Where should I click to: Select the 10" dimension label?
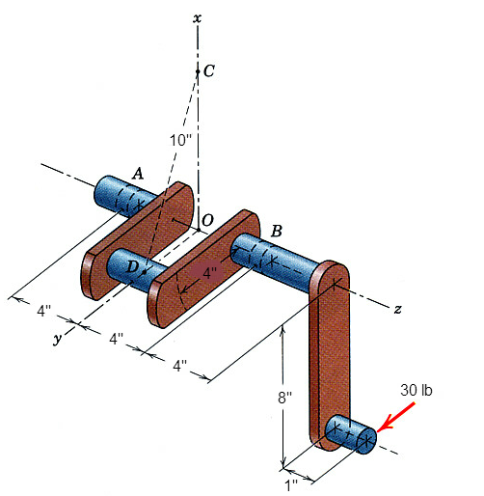point(179,140)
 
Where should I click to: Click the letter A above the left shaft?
point(138,173)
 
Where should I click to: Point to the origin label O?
point(207,221)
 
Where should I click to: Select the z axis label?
point(396,309)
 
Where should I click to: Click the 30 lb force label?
point(417,390)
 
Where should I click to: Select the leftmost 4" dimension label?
point(43,312)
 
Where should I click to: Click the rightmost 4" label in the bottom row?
point(180,367)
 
